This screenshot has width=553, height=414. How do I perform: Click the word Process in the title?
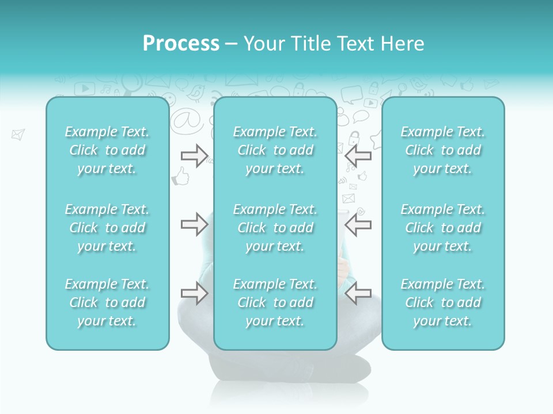point(181,44)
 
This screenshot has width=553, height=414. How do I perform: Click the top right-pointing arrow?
point(194,155)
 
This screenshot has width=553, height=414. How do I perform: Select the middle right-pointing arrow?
point(194,224)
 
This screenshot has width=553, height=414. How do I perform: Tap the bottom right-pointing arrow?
point(194,293)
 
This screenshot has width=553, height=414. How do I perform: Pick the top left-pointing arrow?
point(358,155)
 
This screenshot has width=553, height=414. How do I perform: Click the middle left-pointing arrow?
point(358,224)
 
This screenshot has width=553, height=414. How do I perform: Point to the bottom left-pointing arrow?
point(358,293)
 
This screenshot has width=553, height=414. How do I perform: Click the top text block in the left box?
point(107,150)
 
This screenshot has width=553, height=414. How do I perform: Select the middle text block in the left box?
point(107,228)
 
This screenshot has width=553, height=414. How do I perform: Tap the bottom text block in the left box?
point(107,302)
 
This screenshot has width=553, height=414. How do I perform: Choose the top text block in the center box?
point(275,150)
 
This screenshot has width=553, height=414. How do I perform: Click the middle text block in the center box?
point(275,228)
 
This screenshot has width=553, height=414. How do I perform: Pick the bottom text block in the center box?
point(275,302)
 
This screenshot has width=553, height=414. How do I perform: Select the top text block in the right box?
point(443,150)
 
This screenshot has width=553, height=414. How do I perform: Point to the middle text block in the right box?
point(443,228)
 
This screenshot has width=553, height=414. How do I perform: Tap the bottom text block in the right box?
point(443,302)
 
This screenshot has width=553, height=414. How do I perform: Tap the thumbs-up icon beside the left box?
point(181,176)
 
